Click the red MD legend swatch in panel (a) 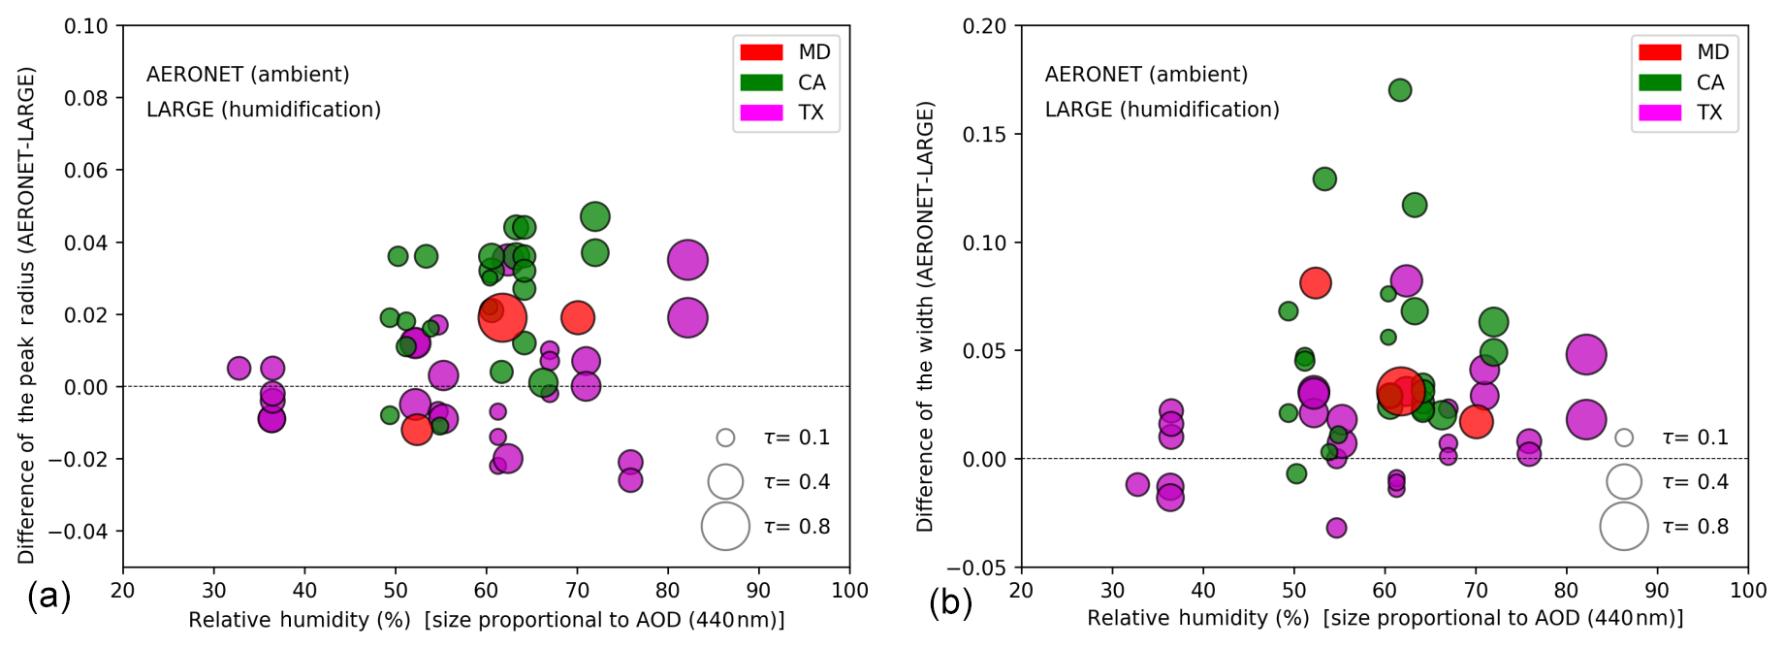coord(761,52)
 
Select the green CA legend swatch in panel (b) coord(1659,82)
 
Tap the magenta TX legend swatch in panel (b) coord(1659,113)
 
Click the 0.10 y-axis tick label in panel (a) coord(86,26)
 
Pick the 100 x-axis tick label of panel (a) coord(850,591)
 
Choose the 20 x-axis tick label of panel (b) coord(1021,591)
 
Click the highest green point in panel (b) coord(1400,90)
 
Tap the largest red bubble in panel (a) coord(502,317)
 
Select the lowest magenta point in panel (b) coord(1336,528)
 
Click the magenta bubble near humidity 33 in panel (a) coord(239,369)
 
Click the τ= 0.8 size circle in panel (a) coord(725,527)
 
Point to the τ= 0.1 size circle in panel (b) coord(1624,438)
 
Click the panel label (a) coord(48,597)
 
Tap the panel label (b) coord(950,602)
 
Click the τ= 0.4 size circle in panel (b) coord(1624,482)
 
